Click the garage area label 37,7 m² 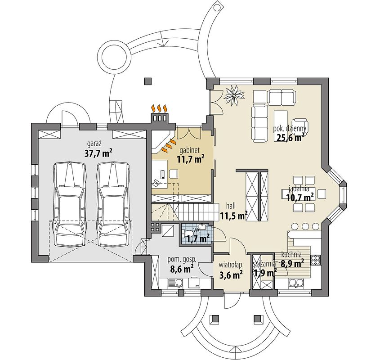(x=98, y=154)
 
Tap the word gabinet (x=189, y=150)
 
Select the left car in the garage (x=69, y=204)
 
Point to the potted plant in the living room (x=234, y=95)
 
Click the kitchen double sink (x=296, y=283)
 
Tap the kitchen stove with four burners (x=316, y=260)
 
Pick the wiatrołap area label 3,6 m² (x=231, y=275)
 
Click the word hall (x=231, y=206)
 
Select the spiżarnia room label (x=264, y=264)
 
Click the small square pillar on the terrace (x=148, y=81)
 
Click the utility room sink (x=175, y=283)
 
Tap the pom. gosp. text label (x=182, y=260)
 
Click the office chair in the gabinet (x=174, y=174)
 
